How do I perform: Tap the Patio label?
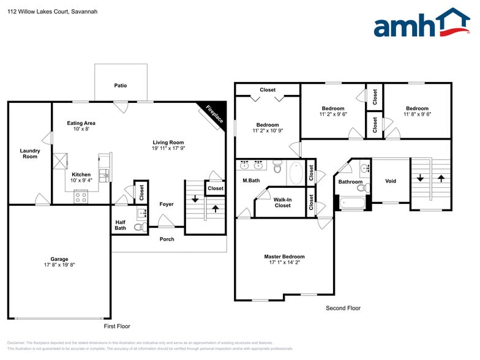click(x=121, y=86)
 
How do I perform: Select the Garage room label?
click(x=59, y=259)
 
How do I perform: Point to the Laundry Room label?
click(x=30, y=154)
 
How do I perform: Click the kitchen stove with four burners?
click(x=81, y=197)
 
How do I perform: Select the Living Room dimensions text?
click(x=168, y=148)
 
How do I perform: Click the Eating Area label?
click(x=81, y=123)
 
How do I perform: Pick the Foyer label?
click(x=166, y=204)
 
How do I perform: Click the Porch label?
click(x=167, y=239)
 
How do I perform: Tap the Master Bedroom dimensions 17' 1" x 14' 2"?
click(x=284, y=262)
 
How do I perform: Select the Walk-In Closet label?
click(x=282, y=203)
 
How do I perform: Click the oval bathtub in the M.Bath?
click(x=295, y=173)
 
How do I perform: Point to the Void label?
click(x=390, y=181)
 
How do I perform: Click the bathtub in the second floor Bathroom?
click(x=352, y=203)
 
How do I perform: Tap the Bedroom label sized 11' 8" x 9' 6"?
click(x=417, y=108)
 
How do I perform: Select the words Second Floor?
click(x=343, y=308)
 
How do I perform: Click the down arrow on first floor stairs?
click(x=195, y=198)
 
